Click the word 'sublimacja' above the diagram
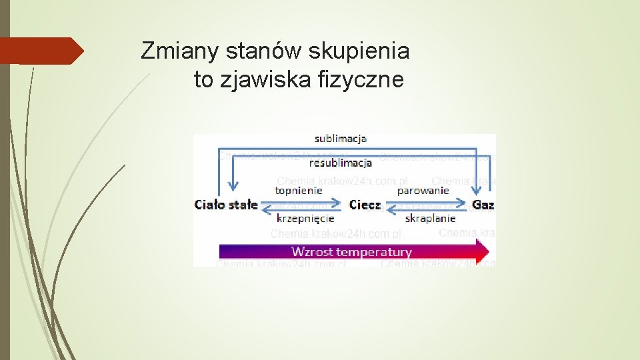tap(340, 139)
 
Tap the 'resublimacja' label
tap(340, 163)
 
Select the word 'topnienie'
tap(299, 190)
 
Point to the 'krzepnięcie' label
tap(305, 218)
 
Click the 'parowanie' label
tap(423, 190)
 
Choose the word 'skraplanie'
tap(430, 218)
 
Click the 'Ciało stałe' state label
tap(226, 205)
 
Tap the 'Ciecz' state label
tap(365, 205)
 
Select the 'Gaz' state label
tap(483, 205)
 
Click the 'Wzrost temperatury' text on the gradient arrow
tap(351, 252)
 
